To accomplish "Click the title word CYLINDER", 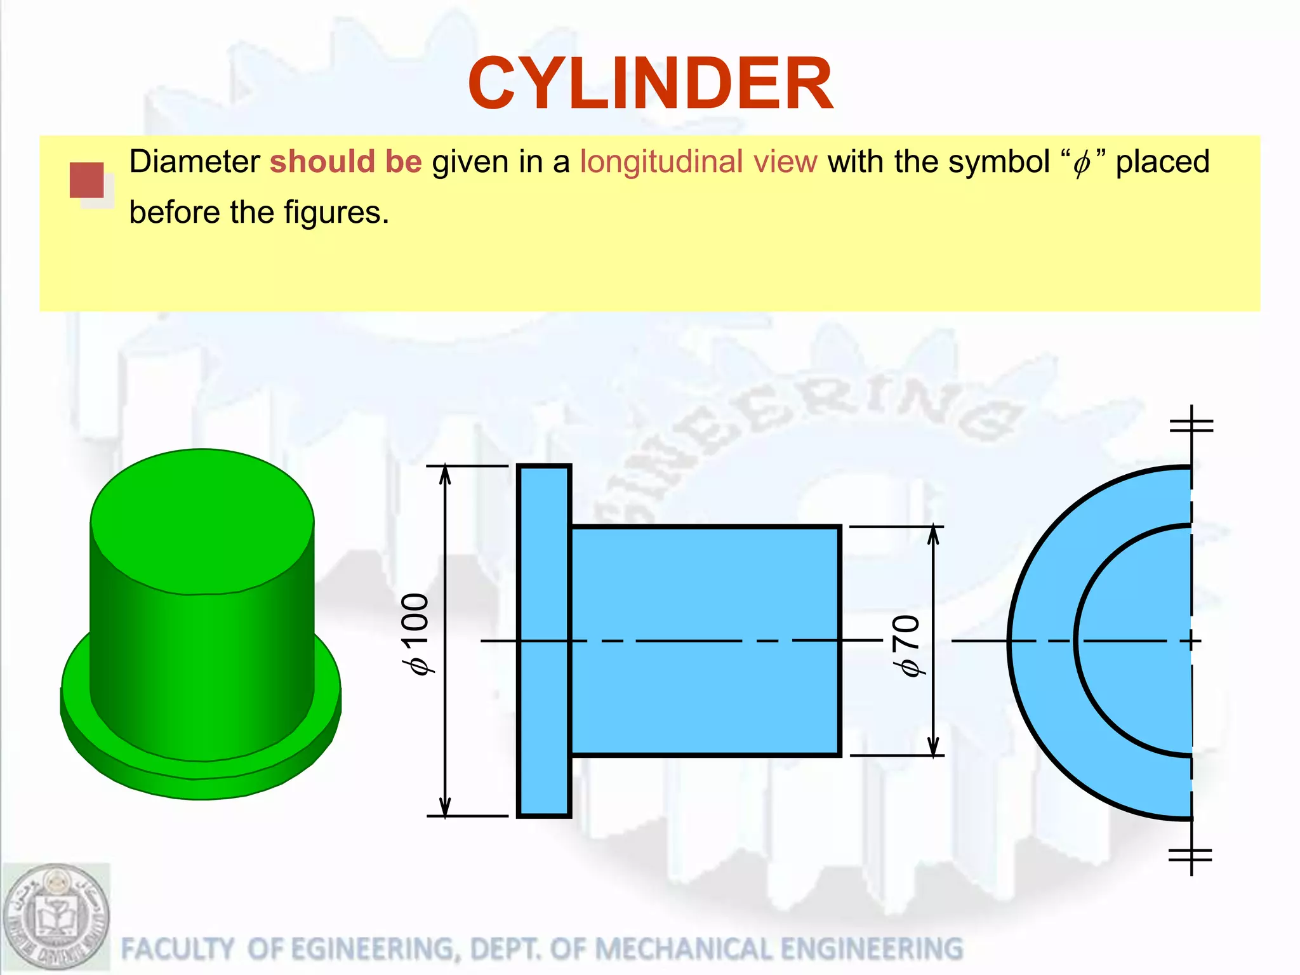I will click(650, 84).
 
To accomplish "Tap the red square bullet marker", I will click(87, 180).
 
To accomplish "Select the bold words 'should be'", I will click(346, 162).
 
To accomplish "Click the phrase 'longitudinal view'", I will click(698, 162).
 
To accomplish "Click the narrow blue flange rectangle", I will click(544, 641).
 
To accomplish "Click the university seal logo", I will click(56, 918).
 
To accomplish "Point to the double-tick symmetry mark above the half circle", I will click(1191, 424).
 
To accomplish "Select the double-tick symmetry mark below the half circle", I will click(1191, 856).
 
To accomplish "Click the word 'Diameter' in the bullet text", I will click(194, 162).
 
